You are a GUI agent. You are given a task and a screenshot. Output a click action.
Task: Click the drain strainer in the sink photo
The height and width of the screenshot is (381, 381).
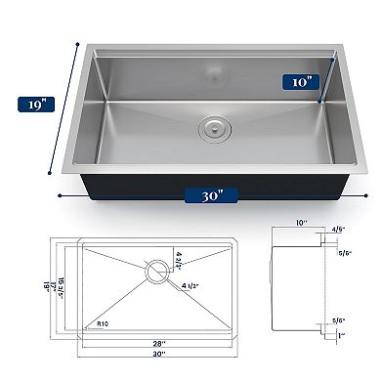tap(211, 127)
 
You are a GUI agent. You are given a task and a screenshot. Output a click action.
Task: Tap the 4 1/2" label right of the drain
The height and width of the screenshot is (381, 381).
tap(191, 286)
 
